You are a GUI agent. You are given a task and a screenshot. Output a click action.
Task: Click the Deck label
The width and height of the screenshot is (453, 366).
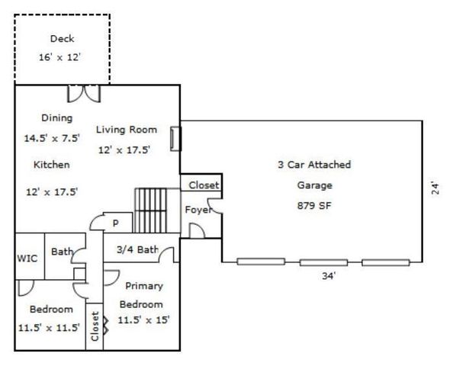point(62,39)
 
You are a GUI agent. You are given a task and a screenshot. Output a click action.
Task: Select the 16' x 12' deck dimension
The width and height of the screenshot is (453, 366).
point(59,57)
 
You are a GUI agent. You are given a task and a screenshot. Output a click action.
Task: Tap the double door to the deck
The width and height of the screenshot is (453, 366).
point(84,94)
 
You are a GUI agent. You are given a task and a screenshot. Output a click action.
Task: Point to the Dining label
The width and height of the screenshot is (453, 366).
point(57,118)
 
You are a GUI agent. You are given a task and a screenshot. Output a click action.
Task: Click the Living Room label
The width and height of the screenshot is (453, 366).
point(127,130)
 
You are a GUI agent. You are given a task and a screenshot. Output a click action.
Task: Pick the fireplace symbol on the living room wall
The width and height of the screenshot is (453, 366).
point(175,139)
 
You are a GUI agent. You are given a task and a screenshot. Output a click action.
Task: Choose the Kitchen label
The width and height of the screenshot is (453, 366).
point(52,165)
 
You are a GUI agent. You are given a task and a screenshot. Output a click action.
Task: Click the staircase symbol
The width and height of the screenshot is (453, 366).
point(150,210)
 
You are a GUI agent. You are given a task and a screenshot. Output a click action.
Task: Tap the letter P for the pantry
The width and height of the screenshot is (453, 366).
point(116,223)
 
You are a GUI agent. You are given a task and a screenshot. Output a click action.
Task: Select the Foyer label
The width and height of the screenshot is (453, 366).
point(198,210)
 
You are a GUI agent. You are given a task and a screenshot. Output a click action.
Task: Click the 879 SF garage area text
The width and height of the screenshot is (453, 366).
point(314,206)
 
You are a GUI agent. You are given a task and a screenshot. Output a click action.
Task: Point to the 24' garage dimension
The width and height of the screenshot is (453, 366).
point(435,188)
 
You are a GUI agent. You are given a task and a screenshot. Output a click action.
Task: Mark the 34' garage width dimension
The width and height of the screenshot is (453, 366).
point(329,276)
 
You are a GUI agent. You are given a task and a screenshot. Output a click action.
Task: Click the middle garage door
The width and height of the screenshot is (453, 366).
point(323,262)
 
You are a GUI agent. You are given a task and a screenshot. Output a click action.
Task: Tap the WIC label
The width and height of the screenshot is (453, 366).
point(27,258)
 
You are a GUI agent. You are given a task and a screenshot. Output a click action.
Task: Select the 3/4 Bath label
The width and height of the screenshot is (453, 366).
point(137,249)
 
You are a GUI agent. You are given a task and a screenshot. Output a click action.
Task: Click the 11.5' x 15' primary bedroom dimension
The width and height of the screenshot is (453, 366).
point(143,320)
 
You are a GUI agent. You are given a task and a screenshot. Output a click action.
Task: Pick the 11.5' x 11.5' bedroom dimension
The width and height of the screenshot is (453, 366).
point(49,328)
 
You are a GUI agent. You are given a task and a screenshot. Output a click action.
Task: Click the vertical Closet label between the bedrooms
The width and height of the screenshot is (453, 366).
point(95,326)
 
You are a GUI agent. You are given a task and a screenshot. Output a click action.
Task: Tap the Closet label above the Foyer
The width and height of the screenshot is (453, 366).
point(204,185)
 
